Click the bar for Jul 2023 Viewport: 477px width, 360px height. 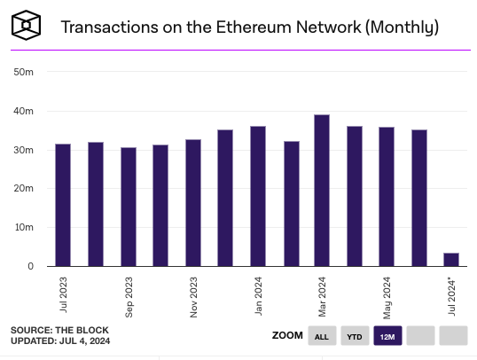(63, 205)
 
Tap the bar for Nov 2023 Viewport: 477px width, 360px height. (192, 203)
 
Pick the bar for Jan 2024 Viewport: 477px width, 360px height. (258, 196)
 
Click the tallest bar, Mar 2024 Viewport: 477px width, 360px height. (322, 191)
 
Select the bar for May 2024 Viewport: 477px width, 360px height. (387, 197)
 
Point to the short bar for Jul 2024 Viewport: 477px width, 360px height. (451, 259)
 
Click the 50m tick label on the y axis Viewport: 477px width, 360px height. (24, 73)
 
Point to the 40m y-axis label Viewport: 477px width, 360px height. (24, 112)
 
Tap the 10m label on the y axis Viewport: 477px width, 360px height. (24, 228)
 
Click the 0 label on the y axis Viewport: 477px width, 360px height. (29, 266)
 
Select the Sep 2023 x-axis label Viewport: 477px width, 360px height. (129, 297)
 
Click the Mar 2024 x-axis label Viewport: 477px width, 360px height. (323, 297)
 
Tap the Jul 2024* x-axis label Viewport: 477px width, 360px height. (452, 297)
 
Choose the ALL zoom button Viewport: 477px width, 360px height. (322, 336)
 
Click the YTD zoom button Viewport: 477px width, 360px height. (355, 336)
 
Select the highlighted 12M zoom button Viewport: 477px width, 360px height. (387, 336)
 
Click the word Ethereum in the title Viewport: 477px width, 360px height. (249, 27)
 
